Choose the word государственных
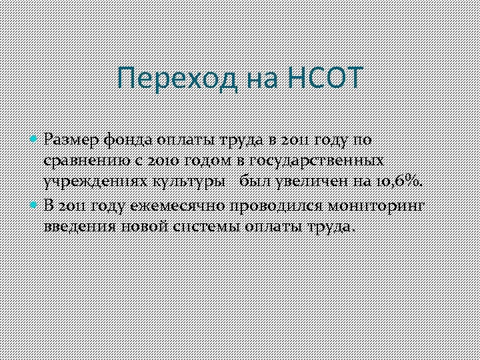(x=318, y=161)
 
